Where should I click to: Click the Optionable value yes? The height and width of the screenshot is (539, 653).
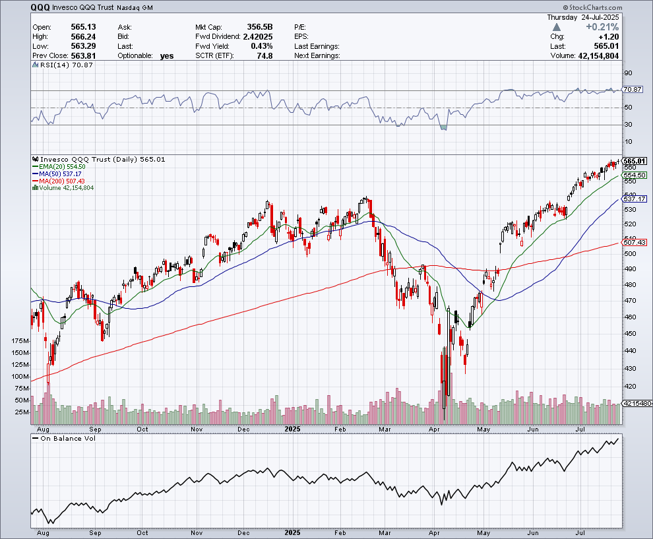click(x=166, y=56)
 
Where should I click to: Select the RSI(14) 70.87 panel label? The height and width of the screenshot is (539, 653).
click(x=56, y=65)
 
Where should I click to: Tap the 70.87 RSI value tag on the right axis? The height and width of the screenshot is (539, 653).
click(x=632, y=90)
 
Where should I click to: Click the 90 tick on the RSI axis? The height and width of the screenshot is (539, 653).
click(x=628, y=73)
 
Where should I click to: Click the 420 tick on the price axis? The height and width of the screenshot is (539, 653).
click(x=630, y=387)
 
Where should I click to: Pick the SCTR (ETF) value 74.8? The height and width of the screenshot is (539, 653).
click(x=263, y=56)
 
